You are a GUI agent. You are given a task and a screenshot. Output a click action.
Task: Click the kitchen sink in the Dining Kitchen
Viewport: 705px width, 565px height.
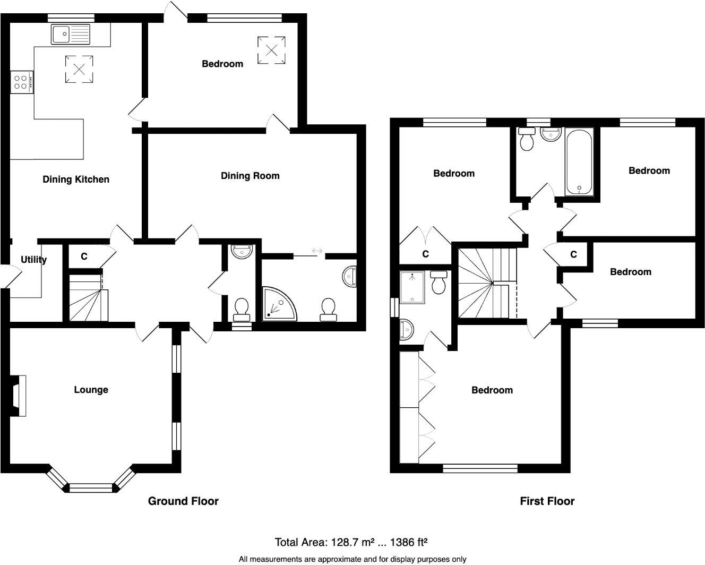[x=71, y=34]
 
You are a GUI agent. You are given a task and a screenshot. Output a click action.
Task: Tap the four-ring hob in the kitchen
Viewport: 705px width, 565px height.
[x=21, y=82]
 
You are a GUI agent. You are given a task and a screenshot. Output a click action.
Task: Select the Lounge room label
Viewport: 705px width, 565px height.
[x=91, y=390]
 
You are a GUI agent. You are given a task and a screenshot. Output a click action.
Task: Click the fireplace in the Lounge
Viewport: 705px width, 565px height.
[x=19, y=396]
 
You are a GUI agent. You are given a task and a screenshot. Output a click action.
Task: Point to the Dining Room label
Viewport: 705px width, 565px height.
[x=250, y=176]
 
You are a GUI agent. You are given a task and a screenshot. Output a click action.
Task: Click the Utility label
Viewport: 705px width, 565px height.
[x=33, y=260]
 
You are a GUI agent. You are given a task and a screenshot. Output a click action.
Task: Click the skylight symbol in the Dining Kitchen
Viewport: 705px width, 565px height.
[x=79, y=69]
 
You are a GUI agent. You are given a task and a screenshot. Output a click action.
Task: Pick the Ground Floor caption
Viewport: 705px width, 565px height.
[x=183, y=501]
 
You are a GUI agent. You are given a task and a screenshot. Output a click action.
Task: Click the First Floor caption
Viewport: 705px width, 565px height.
[x=547, y=501]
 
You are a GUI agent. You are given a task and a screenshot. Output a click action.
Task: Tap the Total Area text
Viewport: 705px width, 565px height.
[x=351, y=542]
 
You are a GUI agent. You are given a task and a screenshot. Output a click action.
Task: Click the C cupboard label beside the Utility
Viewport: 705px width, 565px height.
[x=84, y=256]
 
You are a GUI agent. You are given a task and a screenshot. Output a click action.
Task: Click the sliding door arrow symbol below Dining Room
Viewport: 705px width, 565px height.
[x=317, y=251]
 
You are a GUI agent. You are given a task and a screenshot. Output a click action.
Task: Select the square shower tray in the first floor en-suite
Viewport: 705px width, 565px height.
[x=412, y=287]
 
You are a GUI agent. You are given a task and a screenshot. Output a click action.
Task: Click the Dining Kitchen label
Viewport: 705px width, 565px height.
[x=76, y=179]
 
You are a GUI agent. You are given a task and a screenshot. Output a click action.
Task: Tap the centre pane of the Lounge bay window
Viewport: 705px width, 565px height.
[x=91, y=487]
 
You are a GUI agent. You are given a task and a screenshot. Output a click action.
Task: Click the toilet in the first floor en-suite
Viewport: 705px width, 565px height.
[x=439, y=282]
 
